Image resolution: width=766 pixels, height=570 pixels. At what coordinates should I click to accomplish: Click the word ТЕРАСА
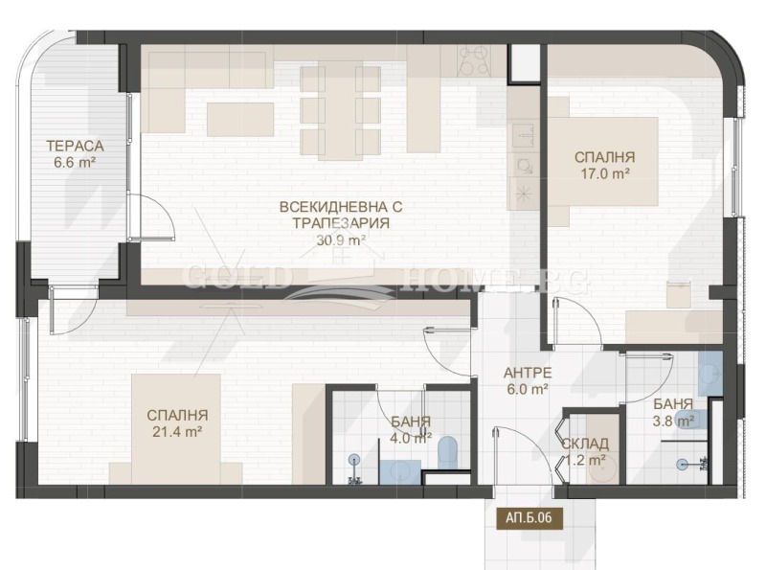point(75,146)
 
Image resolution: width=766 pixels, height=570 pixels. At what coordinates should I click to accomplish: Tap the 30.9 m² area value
point(341,240)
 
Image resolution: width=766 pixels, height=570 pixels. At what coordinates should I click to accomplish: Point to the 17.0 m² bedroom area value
point(604,174)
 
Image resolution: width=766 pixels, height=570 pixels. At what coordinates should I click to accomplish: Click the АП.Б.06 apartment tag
point(529,517)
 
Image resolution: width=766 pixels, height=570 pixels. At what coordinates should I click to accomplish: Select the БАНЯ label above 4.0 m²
point(410,422)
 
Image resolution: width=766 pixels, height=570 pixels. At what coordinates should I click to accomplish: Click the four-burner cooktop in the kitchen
point(477,60)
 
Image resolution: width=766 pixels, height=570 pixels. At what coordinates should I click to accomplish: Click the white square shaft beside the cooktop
point(526,61)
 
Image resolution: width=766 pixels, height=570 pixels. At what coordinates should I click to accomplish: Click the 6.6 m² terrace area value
point(75,163)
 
